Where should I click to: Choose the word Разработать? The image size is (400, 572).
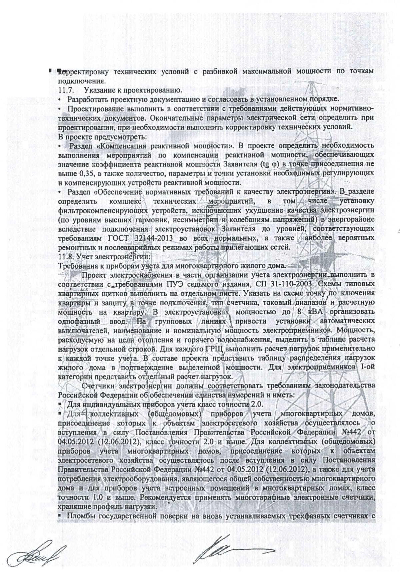pos(86,100)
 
